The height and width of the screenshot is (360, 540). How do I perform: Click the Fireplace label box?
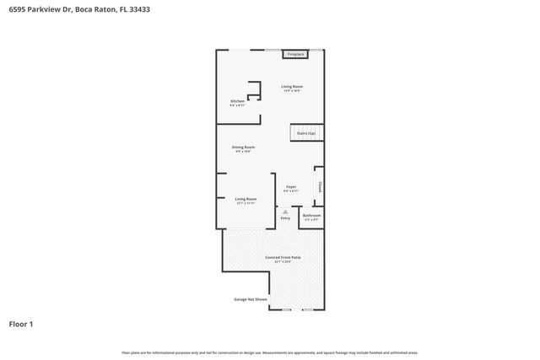click(294, 54)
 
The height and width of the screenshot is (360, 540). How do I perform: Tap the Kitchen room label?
click(238, 101)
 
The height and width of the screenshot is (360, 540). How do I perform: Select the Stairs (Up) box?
click(305, 133)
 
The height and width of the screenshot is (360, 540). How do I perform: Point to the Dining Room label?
click(244, 147)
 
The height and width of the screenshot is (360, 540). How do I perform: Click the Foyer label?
click(291, 186)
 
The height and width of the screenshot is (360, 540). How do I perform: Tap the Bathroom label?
click(312, 215)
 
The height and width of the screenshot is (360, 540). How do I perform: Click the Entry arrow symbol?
click(285, 212)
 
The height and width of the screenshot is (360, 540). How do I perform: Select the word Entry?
click(285, 218)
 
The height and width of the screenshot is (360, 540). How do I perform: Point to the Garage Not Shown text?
click(251, 299)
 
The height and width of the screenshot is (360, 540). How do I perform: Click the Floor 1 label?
click(21, 323)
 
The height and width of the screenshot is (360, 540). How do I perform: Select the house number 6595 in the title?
click(17, 9)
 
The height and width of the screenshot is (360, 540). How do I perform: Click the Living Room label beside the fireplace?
click(292, 87)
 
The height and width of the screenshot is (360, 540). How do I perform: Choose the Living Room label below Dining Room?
click(246, 199)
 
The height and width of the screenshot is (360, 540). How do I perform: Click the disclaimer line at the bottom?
click(269, 352)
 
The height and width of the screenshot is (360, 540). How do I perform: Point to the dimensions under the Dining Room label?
click(244, 152)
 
